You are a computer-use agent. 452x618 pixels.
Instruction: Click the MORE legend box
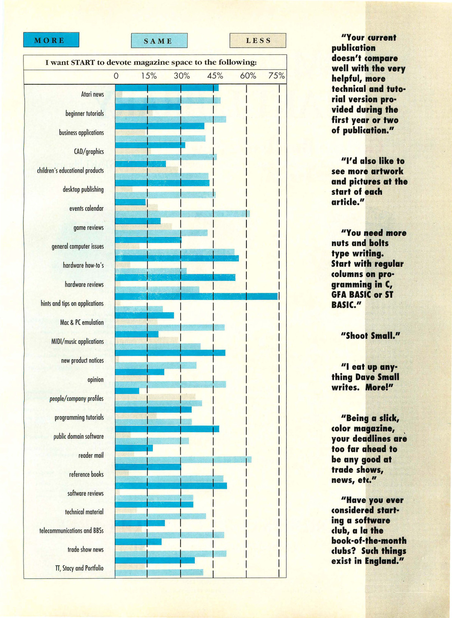tap(51, 40)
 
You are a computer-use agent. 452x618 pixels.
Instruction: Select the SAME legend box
tap(159, 40)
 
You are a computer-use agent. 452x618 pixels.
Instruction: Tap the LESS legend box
tap(258, 40)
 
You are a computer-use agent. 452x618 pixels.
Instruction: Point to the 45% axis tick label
tap(215, 75)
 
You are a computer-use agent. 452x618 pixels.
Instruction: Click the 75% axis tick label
tap(276, 75)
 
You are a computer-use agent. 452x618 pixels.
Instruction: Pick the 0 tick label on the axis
tap(116, 75)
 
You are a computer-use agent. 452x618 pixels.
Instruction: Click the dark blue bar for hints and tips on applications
tap(197, 296)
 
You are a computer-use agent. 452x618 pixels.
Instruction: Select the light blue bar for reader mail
tap(183, 459)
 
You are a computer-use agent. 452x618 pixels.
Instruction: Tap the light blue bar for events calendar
tap(182, 213)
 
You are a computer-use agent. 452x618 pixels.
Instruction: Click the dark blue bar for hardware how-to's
tap(177, 258)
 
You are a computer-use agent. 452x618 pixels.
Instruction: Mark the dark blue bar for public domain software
tap(167, 429)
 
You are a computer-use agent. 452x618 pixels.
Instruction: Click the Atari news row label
tap(92, 94)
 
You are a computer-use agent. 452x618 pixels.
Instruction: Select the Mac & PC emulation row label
tap(82, 322)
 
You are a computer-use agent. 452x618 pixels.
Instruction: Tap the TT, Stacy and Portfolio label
tap(79, 568)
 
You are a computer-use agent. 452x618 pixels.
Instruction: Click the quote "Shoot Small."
tap(370, 336)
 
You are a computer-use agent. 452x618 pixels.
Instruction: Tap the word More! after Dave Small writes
tap(379, 387)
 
